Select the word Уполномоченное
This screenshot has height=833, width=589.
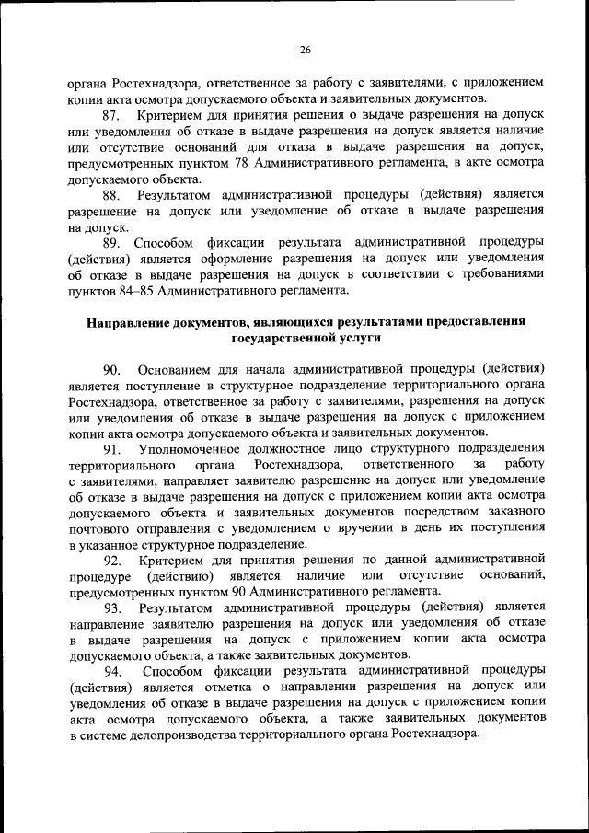(186, 449)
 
